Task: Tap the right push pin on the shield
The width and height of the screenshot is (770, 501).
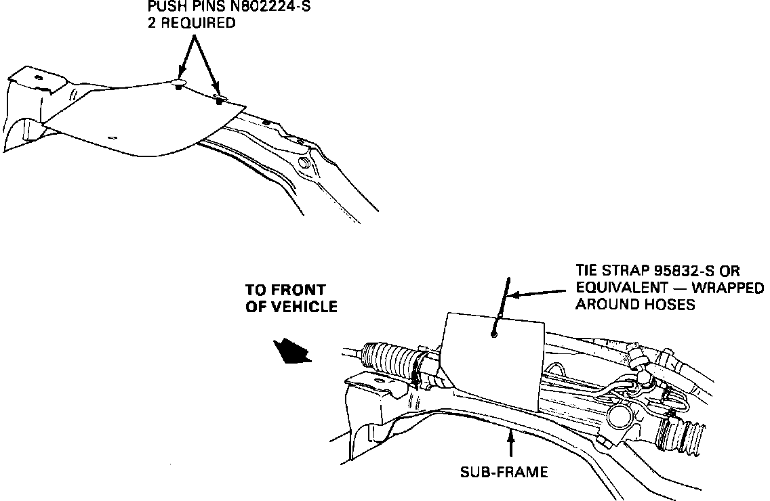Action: point(220,100)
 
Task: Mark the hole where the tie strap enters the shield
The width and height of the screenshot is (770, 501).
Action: point(495,332)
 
